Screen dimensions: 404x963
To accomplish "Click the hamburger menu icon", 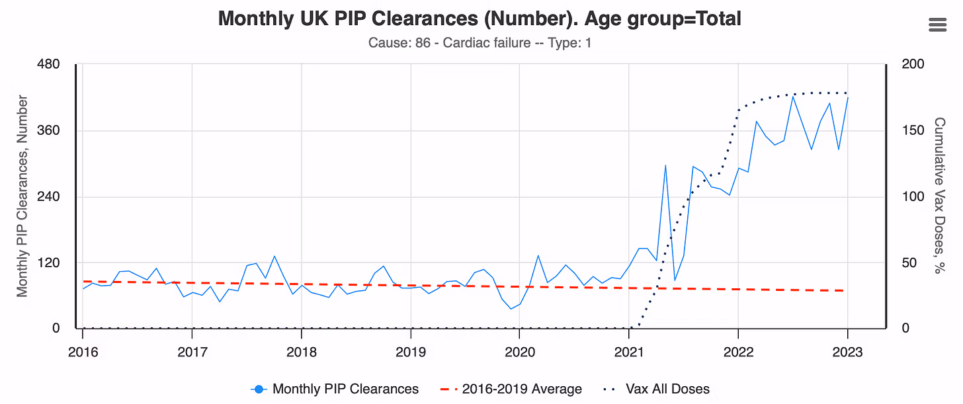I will tap(938, 24).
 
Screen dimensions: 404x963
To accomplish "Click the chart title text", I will tap(480, 19).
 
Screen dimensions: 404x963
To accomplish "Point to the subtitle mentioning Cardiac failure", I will tap(480, 43).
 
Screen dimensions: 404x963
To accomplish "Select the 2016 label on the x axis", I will tap(83, 352).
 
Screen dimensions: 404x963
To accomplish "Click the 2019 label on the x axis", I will tap(411, 352).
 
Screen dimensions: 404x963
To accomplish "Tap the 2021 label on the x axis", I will tap(629, 352).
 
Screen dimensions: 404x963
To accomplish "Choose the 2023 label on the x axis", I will tap(847, 352).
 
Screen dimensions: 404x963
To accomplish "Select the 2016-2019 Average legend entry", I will tap(511, 389).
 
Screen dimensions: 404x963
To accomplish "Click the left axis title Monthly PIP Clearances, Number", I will tap(22, 196).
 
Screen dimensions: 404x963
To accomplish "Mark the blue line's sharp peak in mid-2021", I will tap(665, 165).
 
